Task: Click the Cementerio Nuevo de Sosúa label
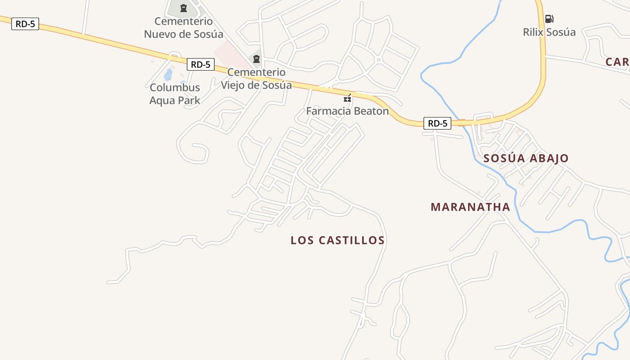(x=184, y=27)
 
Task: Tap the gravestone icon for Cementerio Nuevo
(x=184, y=8)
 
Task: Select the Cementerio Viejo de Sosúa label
(x=256, y=78)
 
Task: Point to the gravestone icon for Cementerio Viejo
(x=256, y=58)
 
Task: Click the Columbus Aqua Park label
(x=175, y=94)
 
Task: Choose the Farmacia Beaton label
(x=347, y=111)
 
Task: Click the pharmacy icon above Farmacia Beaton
(x=347, y=98)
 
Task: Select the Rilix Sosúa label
(x=549, y=32)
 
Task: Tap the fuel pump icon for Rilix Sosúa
(x=549, y=19)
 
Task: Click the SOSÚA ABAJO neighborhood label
(x=526, y=158)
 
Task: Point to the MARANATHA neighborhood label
(x=470, y=207)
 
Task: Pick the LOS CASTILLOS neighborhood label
(x=337, y=240)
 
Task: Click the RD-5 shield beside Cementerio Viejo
(x=200, y=64)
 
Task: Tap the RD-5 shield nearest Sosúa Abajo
(x=437, y=123)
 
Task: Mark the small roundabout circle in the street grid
(x=378, y=59)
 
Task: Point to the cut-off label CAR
(x=617, y=62)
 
